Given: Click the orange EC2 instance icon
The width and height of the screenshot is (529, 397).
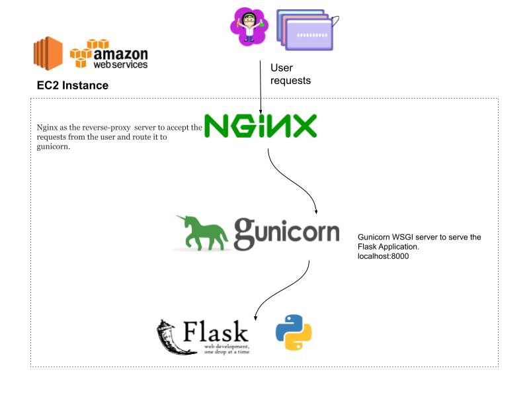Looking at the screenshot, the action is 48,54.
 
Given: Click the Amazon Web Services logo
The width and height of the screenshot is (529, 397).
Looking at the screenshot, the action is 108,54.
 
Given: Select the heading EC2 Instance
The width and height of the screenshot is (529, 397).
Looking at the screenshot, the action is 73,85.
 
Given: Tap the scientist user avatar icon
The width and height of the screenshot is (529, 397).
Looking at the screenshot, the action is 249,27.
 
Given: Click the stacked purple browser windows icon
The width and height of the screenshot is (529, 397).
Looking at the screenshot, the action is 307,30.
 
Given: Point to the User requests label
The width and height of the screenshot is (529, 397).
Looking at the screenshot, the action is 290,74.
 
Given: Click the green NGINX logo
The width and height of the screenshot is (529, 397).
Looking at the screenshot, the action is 261,126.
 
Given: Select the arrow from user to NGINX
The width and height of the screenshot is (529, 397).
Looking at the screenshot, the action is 260,87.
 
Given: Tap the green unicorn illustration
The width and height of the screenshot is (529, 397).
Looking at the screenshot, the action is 202,233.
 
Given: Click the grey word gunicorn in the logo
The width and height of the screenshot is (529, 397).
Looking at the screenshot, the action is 287,234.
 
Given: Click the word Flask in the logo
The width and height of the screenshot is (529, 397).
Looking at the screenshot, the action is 216,331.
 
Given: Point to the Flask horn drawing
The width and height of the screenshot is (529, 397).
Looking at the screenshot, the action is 172,337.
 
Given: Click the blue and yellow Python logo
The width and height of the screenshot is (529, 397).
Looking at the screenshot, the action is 294,333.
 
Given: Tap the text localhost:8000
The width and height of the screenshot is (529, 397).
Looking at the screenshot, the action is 384,256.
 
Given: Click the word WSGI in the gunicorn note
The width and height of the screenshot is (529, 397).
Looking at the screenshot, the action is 403,237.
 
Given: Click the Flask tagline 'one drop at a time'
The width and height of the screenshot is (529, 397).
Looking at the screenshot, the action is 227,352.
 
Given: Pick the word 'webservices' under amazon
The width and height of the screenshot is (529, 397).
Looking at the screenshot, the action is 120,64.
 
